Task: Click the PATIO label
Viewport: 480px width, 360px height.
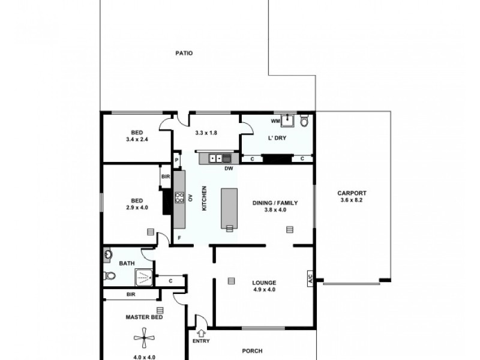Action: (x=184, y=53)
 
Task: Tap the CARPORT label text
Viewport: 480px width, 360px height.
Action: (x=352, y=193)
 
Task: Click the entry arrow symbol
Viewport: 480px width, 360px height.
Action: (x=201, y=328)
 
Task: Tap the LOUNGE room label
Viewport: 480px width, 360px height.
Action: (x=264, y=283)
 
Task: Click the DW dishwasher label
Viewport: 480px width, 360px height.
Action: (x=228, y=169)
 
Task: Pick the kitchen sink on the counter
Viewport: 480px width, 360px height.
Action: (x=223, y=158)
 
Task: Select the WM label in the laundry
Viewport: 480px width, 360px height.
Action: (x=275, y=122)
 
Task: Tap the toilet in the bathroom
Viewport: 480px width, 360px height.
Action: (x=109, y=276)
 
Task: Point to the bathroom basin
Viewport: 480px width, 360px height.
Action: (x=108, y=254)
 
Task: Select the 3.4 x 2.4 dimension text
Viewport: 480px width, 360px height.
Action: (x=137, y=139)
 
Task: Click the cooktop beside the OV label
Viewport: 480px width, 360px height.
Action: (x=178, y=197)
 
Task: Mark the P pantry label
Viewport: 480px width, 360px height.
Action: (x=176, y=160)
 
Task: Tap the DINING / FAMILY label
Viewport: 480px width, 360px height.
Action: (x=275, y=203)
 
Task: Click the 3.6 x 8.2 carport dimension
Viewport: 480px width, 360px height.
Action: (x=352, y=200)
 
